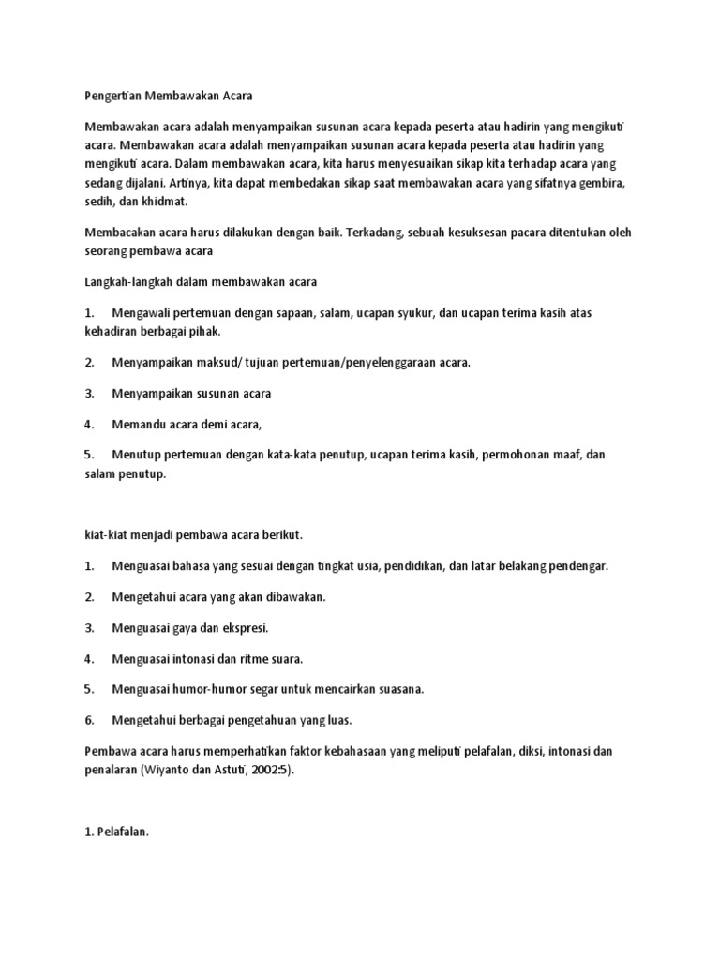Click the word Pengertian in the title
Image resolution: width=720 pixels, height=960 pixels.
pyautogui.click(x=112, y=96)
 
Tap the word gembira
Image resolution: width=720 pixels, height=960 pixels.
pyautogui.click(x=599, y=183)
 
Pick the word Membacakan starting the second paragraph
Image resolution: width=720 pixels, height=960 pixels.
pyautogui.click(x=121, y=232)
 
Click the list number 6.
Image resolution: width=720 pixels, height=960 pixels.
pyautogui.click(x=88, y=720)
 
